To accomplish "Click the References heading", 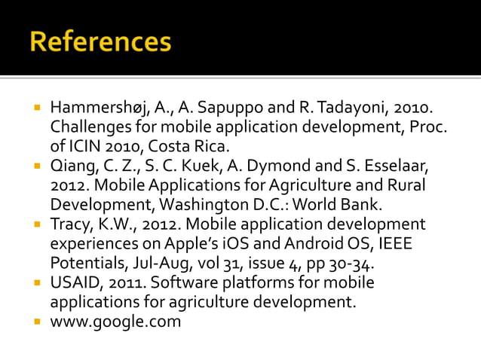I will coord(100,42).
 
